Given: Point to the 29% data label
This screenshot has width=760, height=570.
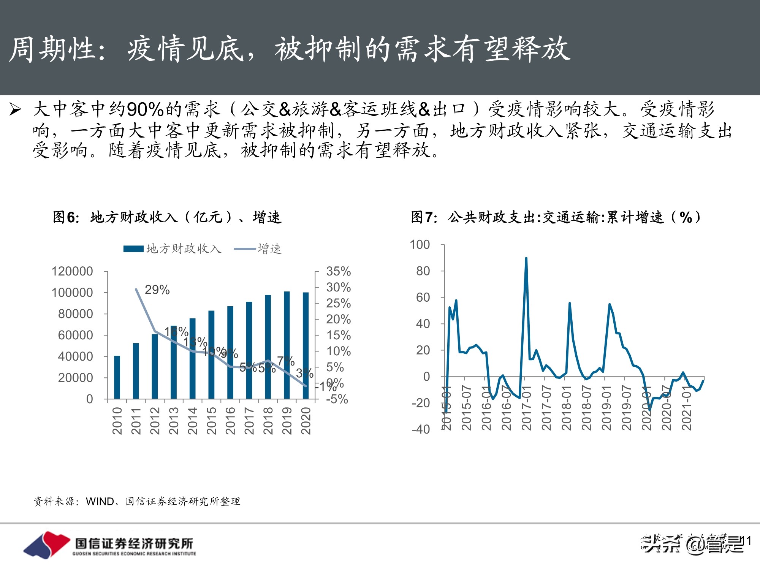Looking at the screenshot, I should coord(157,290).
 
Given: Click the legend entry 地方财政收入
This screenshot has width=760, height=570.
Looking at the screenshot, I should coord(172,249).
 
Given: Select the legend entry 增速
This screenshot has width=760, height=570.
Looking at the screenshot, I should coord(258,249).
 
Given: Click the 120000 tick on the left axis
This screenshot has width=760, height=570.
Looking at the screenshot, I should coord(72,271).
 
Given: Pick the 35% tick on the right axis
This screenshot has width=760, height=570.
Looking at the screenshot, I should coord(338,271).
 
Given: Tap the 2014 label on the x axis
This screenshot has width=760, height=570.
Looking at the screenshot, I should coord(193,421).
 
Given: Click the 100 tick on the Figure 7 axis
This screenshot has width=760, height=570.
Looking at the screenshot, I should coord(420,245).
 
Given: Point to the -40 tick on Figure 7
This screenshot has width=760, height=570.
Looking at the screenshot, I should coord(421,429).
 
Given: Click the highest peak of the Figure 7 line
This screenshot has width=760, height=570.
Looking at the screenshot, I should coord(526,258).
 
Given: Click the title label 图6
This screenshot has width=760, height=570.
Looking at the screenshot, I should coord(66,217).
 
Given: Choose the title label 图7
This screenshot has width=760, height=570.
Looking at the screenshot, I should coord(424,217).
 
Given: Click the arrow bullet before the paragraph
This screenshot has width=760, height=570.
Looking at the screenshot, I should coord(16,109).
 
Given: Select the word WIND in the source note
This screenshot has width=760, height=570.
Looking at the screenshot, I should coord(100,502).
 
